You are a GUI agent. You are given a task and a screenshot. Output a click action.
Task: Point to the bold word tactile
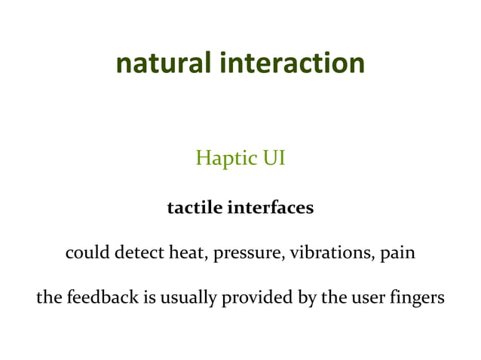click(x=193, y=206)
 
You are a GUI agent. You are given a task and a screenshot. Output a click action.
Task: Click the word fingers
click(x=416, y=298)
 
